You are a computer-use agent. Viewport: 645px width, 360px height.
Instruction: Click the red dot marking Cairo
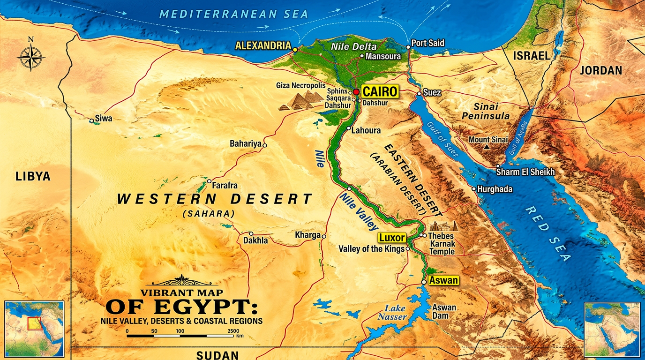(356, 91)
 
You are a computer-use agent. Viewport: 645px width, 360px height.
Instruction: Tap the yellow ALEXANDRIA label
(262, 46)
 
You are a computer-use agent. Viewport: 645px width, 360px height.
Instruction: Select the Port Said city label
(427, 43)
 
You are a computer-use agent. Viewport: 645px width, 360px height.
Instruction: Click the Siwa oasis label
(104, 119)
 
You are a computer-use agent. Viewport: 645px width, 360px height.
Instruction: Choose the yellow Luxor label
(392, 238)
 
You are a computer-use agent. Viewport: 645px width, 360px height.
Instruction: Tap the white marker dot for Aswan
(424, 282)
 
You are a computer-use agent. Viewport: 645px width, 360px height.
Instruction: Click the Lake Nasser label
(395, 313)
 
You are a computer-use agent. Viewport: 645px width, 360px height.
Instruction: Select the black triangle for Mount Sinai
(487, 147)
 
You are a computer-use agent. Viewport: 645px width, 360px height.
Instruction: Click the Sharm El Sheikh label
(525, 172)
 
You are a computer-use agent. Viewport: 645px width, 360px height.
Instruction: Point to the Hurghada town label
(495, 190)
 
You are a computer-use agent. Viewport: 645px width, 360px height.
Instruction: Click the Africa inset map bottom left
(34, 330)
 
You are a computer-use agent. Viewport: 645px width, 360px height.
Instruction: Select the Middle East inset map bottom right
(612, 330)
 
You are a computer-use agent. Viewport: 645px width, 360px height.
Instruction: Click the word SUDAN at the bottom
(217, 355)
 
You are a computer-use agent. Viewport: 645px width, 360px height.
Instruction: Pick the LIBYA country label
(33, 177)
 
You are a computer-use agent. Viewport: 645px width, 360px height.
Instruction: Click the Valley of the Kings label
(371, 249)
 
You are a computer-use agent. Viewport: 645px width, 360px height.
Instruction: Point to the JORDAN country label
(601, 71)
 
